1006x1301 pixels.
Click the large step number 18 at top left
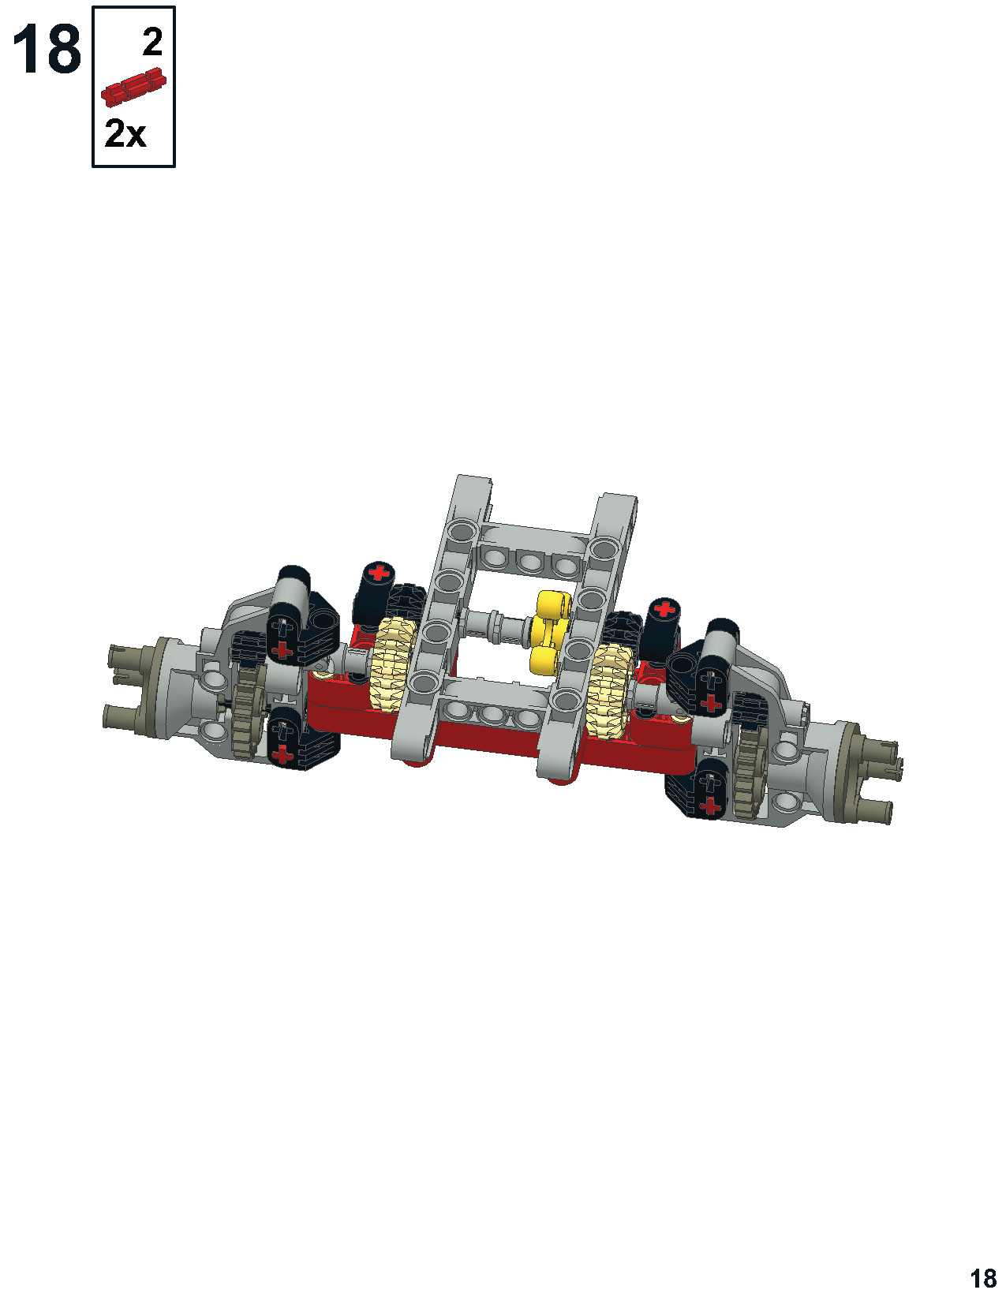pyautogui.click(x=47, y=50)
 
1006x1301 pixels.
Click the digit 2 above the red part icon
pyautogui.click(x=152, y=42)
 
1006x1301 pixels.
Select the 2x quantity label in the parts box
pyautogui.click(x=125, y=133)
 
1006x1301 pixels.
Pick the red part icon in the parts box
pyautogui.click(x=133, y=87)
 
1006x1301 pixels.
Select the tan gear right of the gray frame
pyautogui.click(x=608, y=690)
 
